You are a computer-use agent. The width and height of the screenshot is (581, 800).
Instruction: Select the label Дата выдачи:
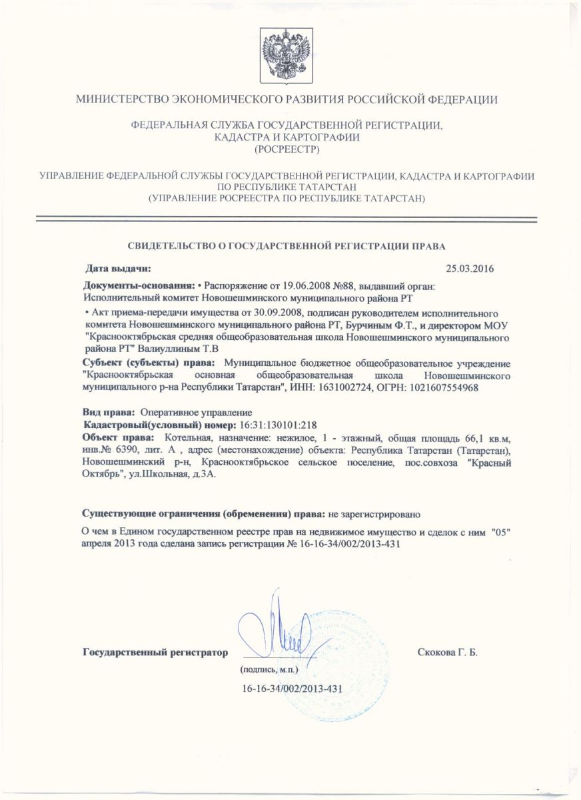119,269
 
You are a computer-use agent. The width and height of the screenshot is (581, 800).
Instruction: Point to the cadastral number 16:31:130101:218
277,425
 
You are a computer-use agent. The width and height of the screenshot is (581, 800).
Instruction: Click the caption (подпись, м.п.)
268,668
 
